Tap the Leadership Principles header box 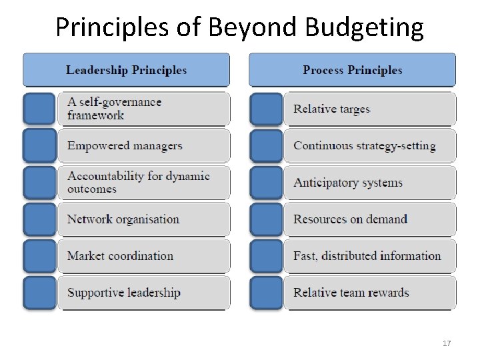coord(126,70)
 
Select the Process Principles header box coord(352,70)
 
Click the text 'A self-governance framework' coord(114,109)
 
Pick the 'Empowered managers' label coord(125,146)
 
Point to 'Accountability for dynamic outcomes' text coord(138,183)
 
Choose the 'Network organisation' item coord(123,219)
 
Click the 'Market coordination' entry coord(120,256)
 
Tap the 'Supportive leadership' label coord(124,293)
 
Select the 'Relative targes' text coord(331,109)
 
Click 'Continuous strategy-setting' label coord(364,146)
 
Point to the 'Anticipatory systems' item coord(348,183)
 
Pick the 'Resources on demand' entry coord(350,219)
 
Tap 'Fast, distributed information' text coord(367,256)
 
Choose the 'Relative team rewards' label coord(351,293)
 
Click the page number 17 coord(447,343)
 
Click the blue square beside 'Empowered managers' coord(39,146)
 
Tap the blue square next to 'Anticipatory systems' coord(266,183)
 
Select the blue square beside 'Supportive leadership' coord(39,293)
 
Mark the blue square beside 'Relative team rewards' coord(266,293)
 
